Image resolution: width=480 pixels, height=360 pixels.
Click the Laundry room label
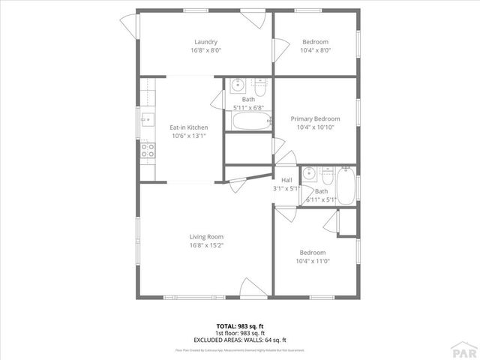(x=205, y=42)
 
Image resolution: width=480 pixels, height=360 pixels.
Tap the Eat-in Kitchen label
(x=188, y=127)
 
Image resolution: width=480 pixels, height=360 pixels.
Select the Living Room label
(x=205, y=237)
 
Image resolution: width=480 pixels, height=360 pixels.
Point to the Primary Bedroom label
(x=315, y=118)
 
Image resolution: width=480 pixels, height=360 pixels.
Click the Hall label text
(x=286, y=180)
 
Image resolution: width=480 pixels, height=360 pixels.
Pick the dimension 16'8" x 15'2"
(x=205, y=245)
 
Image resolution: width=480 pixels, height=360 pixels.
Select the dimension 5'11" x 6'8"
(x=247, y=107)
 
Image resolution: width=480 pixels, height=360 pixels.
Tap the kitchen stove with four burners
(x=148, y=150)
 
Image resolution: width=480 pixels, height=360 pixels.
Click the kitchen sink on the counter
(x=148, y=118)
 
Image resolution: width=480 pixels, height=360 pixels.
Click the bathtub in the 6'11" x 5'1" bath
(x=345, y=186)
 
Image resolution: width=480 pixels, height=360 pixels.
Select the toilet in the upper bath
(x=259, y=85)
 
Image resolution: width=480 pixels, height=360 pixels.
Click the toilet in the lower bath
(x=327, y=177)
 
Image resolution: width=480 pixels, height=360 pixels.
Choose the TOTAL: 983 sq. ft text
(x=240, y=325)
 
